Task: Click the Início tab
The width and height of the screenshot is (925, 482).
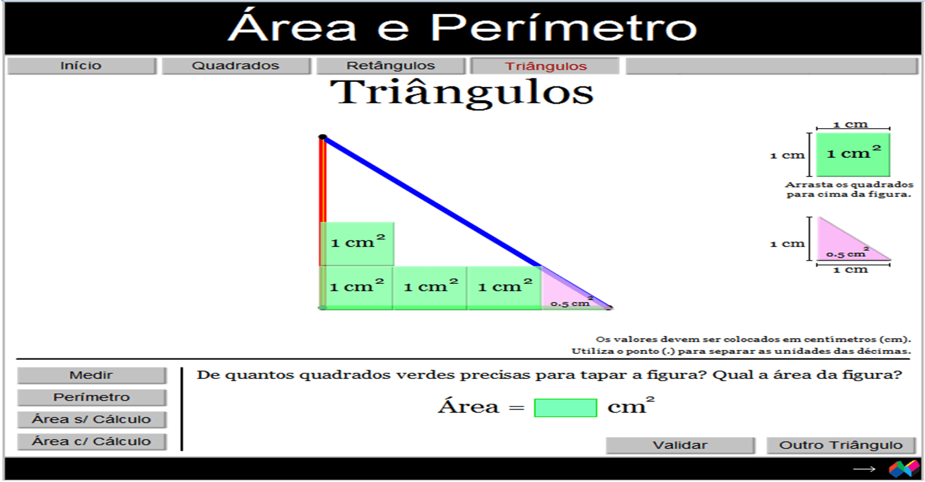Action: pos(81,65)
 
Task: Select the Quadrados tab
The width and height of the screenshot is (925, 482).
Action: pos(236,65)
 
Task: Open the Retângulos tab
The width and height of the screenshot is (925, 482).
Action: pos(390,65)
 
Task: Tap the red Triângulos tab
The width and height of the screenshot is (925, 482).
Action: pos(545,66)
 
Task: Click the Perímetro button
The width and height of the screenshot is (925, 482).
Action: pos(92,397)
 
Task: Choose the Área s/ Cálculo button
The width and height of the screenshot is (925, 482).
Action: pos(92,419)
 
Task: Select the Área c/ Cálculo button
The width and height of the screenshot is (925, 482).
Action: pos(92,442)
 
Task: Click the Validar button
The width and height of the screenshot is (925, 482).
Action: pos(680,445)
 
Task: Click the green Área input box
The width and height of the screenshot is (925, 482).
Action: pos(566,408)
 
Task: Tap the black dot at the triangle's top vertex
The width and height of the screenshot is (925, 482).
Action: pos(323,137)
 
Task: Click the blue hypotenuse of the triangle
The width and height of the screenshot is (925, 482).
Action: pos(466,223)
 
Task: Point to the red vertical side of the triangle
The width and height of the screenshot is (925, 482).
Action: pos(323,202)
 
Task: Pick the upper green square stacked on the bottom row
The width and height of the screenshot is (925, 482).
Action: pos(357,244)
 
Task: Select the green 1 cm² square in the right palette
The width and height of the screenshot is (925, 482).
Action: pos(853,155)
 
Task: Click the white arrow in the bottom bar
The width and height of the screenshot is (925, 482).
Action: pos(864,469)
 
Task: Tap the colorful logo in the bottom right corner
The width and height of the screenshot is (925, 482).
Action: pos(904,469)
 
